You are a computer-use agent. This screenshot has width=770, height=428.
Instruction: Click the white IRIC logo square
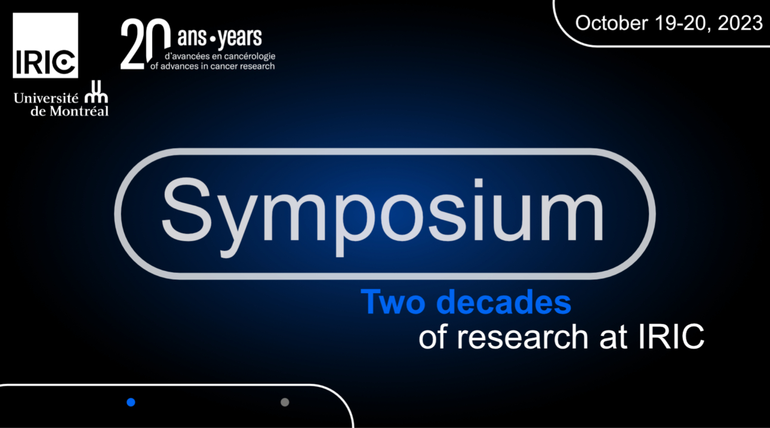pos(45,45)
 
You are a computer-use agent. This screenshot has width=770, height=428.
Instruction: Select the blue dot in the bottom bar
pos(131,402)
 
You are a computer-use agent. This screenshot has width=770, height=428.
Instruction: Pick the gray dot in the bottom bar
pos(285,402)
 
